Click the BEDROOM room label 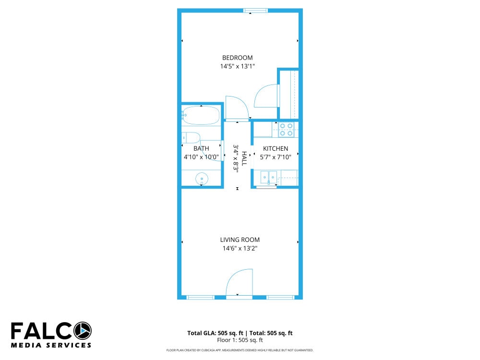[x=237, y=58]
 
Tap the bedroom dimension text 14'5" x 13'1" [x=237, y=66]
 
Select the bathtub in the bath [x=201, y=115]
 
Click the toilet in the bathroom [x=192, y=138]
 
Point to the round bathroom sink [x=202, y=179]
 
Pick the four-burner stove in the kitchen [x=286, y=130]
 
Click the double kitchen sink [x=269, y=178]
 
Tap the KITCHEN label [x=276, y=149]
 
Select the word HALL [x=244, y=158]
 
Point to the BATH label [x=201, y=149]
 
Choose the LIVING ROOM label [x=240, y=240]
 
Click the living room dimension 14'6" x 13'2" [x=240, y=248]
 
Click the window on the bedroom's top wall [x=255, y=11]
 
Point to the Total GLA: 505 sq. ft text [x=215, y=333]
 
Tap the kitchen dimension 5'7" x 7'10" [x=276, y=157]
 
